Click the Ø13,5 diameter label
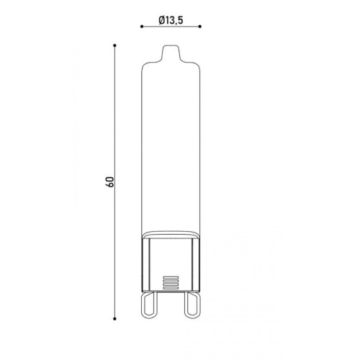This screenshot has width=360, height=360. pos(171,20)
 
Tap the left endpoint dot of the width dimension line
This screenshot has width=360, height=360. pos(142,27)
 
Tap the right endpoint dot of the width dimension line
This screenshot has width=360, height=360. pos(200,27)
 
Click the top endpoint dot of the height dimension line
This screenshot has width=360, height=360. pos(114,45)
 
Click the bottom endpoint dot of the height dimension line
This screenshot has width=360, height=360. pos(114,319)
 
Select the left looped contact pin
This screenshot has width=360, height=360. pos(149,305)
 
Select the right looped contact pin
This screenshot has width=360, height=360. pos(192,305)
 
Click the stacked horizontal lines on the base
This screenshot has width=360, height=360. pos(171,283)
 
